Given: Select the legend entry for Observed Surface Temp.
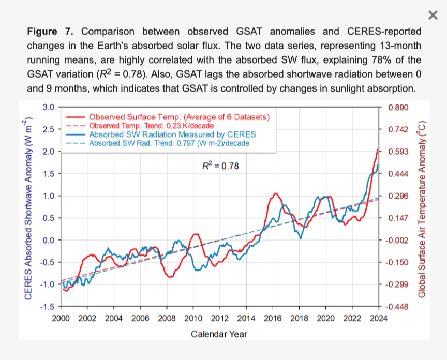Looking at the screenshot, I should (x=180, y=117).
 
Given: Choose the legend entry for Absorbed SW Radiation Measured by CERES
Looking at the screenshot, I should (x=172, y=134).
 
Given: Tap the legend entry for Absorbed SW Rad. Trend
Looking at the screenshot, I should (x=169, y=143).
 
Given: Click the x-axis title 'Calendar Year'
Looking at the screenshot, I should (x=219, y=334).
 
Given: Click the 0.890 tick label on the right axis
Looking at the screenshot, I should (x=397, y=107).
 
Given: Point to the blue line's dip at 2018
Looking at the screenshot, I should (x=301, y=238).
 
